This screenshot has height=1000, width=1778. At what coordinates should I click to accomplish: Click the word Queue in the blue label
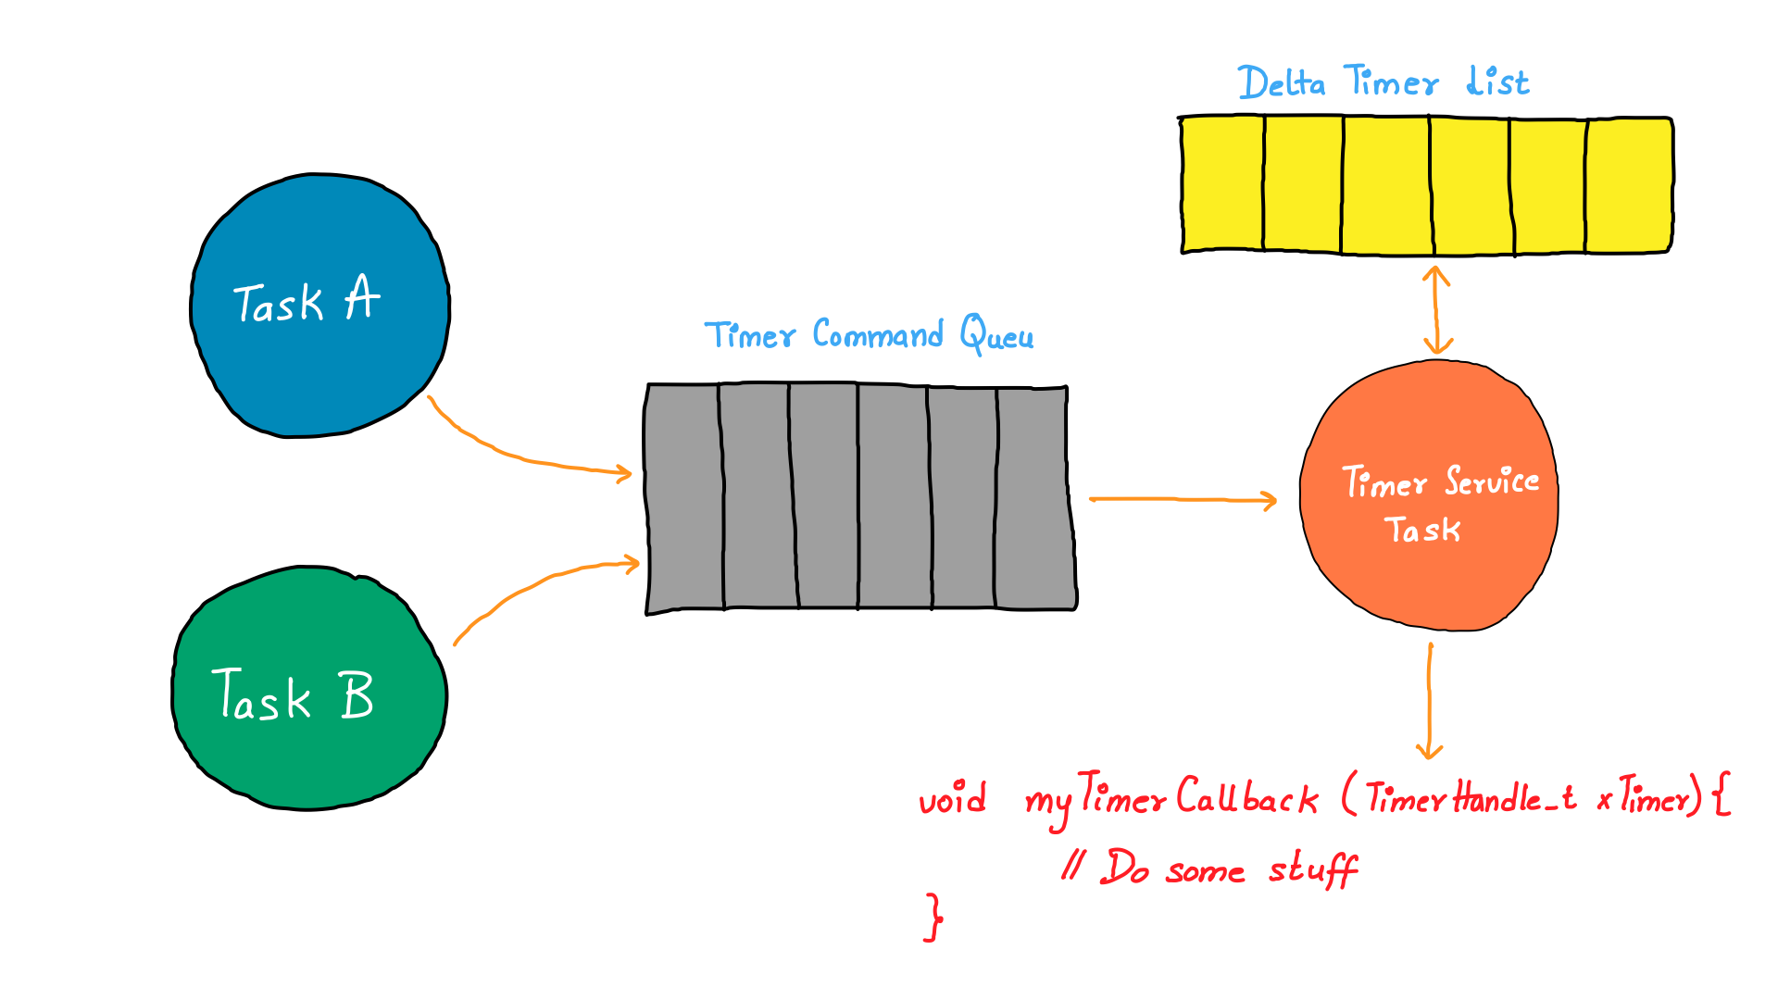pos(1005,335)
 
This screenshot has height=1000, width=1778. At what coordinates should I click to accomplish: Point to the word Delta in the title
pos(1282,83)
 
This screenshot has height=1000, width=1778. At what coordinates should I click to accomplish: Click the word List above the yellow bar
pos(1497,81)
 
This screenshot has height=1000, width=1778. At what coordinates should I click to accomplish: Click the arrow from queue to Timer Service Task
pos(1183,500)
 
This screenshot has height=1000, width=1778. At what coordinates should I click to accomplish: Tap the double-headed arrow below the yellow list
pos(1436,310)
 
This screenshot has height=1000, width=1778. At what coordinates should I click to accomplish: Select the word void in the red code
pos(952,798)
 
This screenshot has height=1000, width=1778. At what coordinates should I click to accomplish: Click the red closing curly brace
pos(933,917)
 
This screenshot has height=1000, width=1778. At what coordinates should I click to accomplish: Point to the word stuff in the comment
pos(1312,870)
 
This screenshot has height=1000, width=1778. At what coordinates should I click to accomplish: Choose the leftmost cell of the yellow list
pos(1223,184)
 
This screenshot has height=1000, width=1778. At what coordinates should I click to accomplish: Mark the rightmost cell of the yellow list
pos(1629,184)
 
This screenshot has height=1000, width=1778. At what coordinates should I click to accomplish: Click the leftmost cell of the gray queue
pos(684,497)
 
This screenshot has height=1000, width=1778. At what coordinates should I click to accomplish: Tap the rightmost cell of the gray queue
pos(1033,497)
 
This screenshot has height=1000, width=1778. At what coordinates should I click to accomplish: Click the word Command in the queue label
pos(877,334)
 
